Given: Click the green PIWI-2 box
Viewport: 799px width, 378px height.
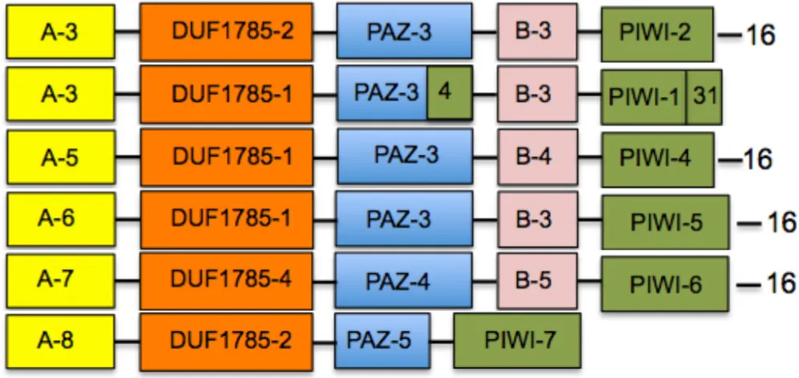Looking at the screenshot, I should [656, 34].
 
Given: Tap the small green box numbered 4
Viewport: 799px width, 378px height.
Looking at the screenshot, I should [446, 90].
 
